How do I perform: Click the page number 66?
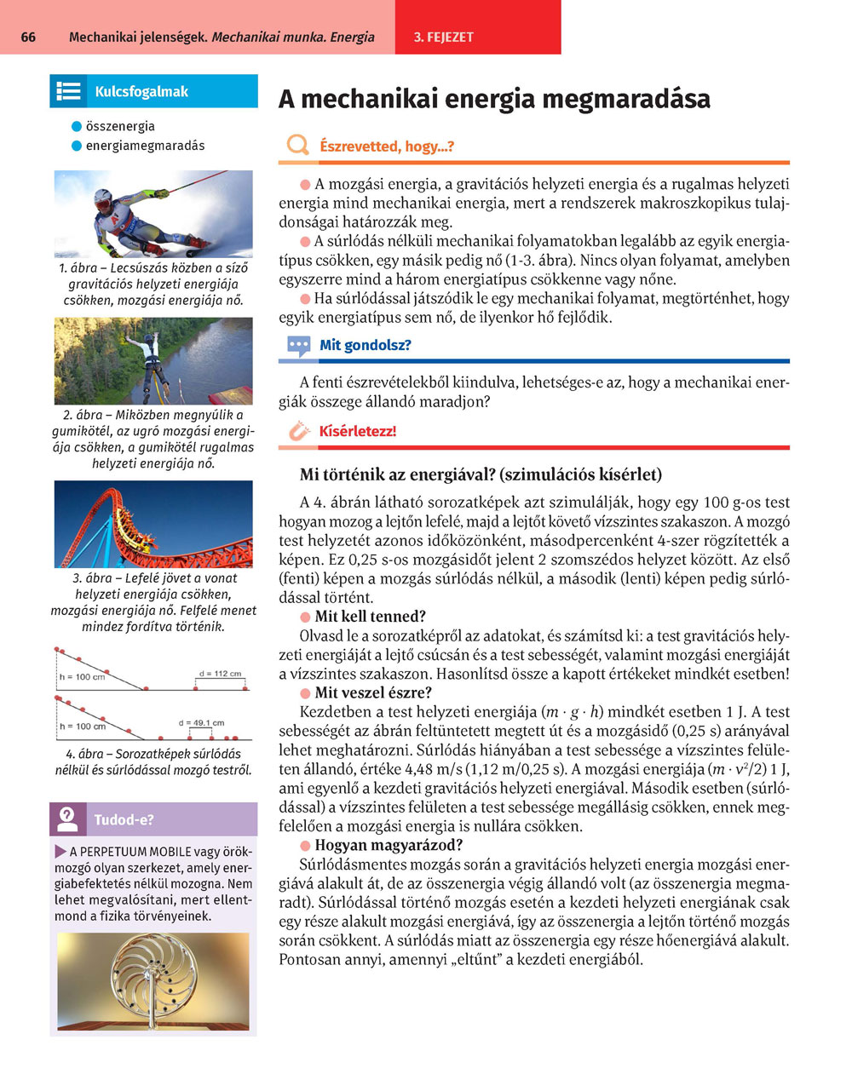[x=28, y=37]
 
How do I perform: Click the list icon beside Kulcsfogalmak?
[x=67, y=91]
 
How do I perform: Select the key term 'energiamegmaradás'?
[x=145, y=146]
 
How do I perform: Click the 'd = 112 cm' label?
[x=220, y=674]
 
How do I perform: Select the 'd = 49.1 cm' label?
[x=201, y=723]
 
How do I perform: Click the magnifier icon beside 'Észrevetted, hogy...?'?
[x=297, y=146]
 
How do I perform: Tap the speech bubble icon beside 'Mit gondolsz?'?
[x=298, y=346]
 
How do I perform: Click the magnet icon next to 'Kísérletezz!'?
[x=298, y=431]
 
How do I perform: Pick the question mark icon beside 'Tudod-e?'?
[x=68, y=819]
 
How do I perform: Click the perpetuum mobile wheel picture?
[x=153, y=979]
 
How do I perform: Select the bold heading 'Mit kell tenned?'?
[x=370, y=617]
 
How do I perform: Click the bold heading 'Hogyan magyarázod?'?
[x=388, y=845]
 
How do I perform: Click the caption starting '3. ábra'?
[x=153, y=602]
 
